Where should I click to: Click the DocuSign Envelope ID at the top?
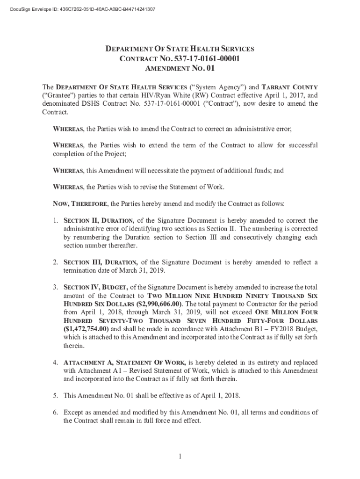[79, 9]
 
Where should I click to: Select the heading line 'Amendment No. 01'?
[180, 68]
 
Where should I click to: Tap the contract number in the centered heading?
[208, 58]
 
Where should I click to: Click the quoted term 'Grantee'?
[58, 96]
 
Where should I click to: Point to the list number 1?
[55, 221]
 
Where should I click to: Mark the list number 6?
[55, 412]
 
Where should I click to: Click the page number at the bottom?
[180, 457]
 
